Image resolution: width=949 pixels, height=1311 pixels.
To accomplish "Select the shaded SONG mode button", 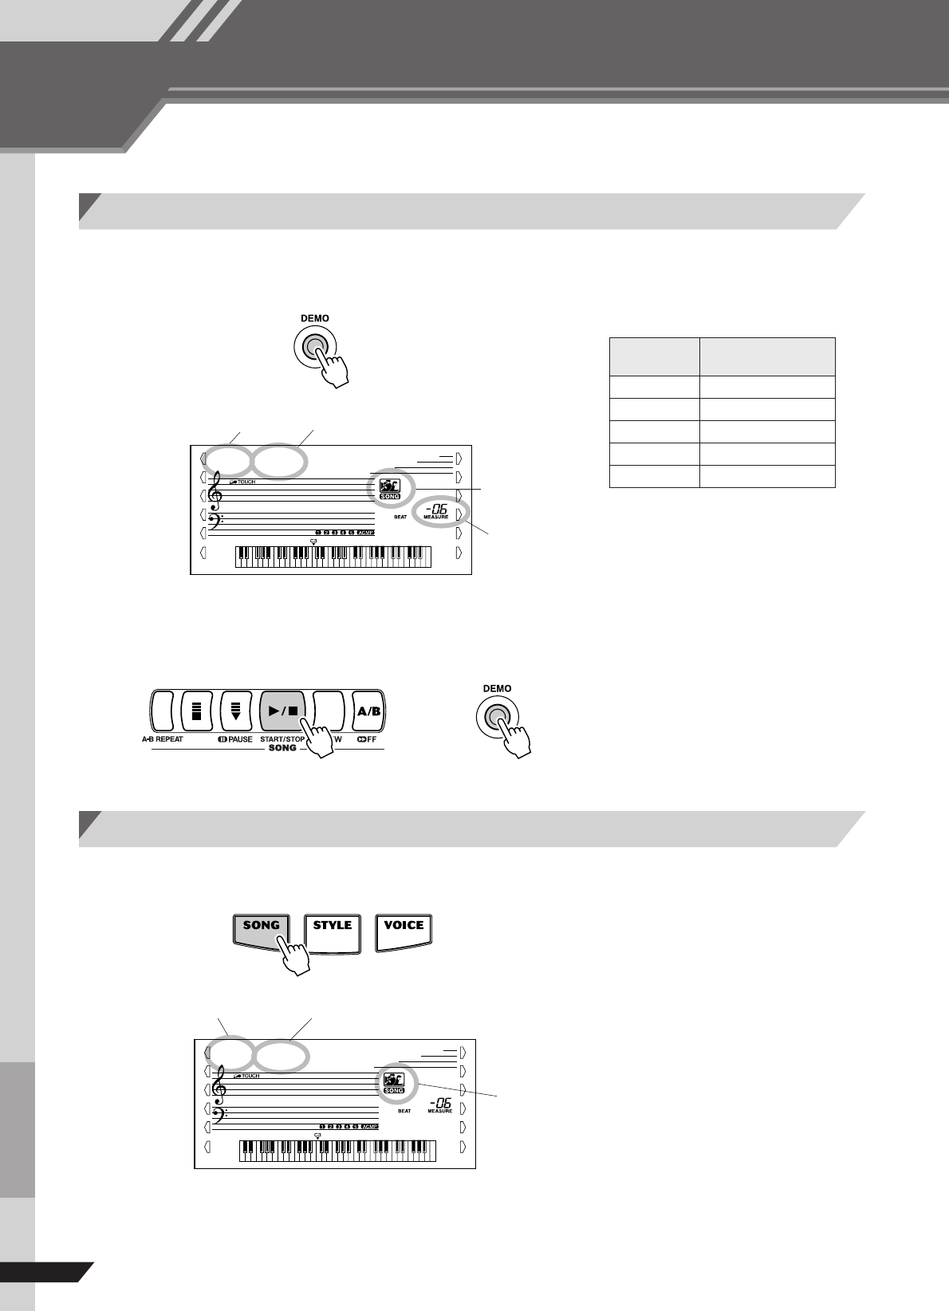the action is [261, 930].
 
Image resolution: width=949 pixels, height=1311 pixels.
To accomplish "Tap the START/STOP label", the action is [282, 739].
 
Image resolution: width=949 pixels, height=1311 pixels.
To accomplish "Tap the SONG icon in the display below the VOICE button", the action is [394, 1081].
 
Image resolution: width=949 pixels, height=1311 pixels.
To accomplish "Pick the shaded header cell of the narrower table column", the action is [654, 356].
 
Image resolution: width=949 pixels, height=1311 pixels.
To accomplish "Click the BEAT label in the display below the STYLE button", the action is [404, 1112].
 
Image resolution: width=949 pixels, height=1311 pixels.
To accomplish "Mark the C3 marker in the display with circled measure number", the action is [313, 541].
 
